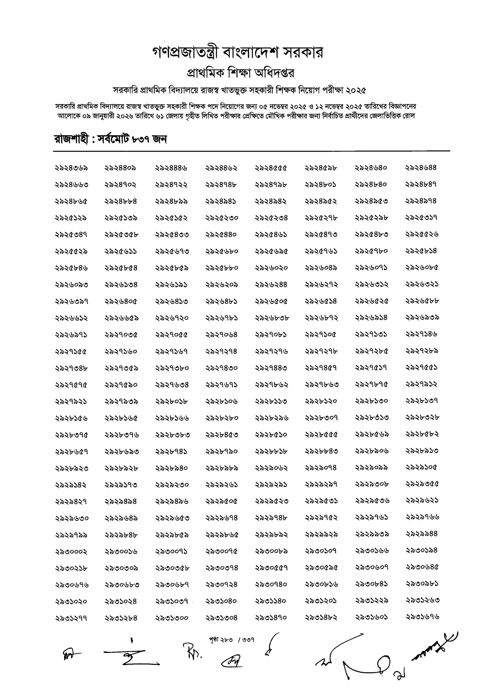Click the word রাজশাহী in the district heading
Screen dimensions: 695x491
pos(72,139)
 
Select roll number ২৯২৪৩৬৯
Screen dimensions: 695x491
pos(72,168)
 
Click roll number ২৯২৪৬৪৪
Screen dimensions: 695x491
pos(421,168)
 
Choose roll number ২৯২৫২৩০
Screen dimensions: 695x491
pos(222,218)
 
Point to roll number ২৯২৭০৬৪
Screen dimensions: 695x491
pos(222,334)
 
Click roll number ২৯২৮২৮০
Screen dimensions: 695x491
pos(222,418)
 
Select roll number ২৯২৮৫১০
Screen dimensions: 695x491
pos(271,435)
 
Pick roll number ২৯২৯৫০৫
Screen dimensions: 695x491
pos(222,501)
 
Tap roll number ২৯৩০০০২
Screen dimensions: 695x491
pos(71,551)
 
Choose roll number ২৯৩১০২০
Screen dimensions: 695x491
pos(71,601)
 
